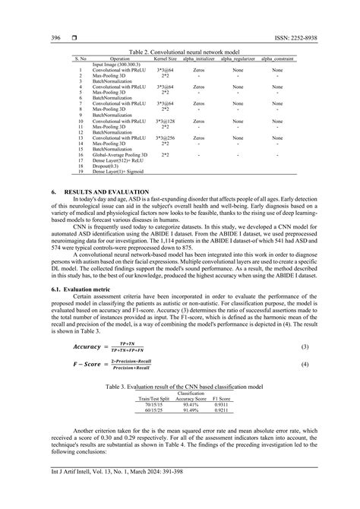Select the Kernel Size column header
click(165, 58)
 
